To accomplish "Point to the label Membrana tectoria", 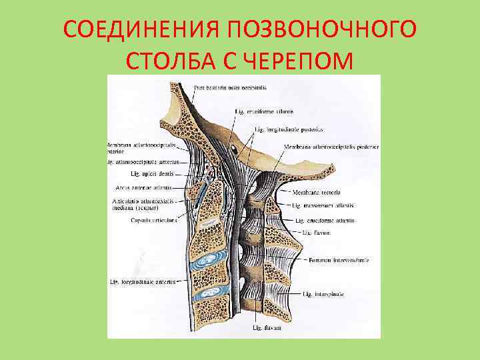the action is [x=317, y=192].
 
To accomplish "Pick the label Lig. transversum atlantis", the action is [x=323, y=205].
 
